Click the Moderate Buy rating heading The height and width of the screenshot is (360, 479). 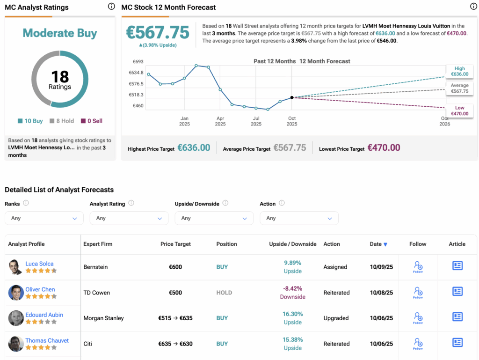(60, 33)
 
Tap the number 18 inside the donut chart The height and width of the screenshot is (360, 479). (60, 76)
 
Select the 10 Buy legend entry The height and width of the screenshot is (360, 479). (30, 121)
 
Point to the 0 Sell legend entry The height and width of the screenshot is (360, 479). (92, 121)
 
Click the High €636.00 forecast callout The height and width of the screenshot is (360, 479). (459, 71)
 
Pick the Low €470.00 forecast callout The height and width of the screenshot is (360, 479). (459, 110)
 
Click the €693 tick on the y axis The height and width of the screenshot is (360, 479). (138, 62)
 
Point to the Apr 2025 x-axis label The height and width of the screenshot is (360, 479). (220, 121)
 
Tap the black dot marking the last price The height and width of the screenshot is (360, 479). (292, 97)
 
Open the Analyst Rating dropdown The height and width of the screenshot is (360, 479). (129, 218)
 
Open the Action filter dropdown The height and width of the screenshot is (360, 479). (299, 218)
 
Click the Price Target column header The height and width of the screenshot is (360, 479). (175, 244)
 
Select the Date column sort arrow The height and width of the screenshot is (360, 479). (385, 244)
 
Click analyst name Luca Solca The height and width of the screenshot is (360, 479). (39, 264)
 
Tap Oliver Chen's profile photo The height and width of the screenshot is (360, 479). (16, 293)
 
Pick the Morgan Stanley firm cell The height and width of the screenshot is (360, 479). (103, 318)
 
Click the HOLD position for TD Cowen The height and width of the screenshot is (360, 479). (224, 293)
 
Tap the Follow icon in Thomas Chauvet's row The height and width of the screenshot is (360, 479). (418, 344)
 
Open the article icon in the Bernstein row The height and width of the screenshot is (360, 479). (457, 266)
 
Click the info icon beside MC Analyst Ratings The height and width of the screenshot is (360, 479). (111, 7)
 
